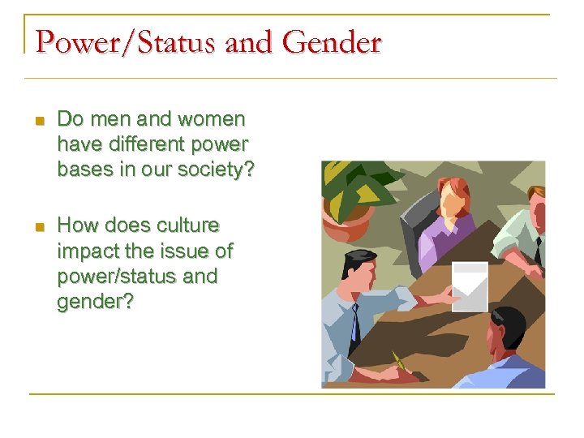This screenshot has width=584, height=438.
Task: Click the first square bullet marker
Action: click(x=38, y=121)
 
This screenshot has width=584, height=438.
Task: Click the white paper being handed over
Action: click(x=470, y=286)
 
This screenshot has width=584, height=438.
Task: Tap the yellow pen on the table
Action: click(x=398, y=361)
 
